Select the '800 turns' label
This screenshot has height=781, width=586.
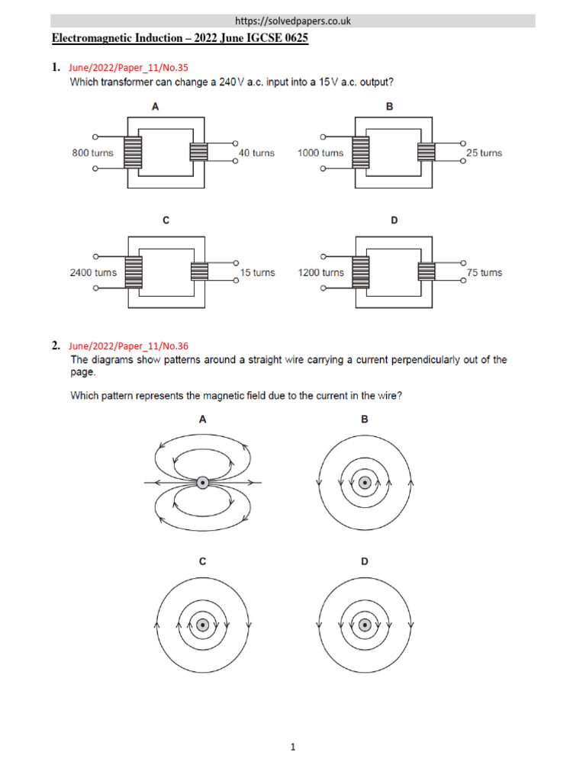point(92,153)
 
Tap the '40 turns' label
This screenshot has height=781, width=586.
point(256,153)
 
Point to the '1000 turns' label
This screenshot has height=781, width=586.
point(320,153)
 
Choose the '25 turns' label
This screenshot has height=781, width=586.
point(484,153)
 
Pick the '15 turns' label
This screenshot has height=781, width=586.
point(256,272)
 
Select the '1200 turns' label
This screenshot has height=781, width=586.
point(320,272)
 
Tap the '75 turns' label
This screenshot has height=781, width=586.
point(484,272)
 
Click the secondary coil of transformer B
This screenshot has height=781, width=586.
point(427,153)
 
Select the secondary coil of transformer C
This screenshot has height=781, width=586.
point(199,272)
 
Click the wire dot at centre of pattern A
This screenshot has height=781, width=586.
point(202,482)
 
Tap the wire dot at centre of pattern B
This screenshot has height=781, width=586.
point(365,482)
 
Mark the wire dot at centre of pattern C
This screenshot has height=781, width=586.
point(202,625)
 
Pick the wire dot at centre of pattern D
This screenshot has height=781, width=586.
point(365,625)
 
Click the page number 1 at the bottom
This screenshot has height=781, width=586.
point(292,748)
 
